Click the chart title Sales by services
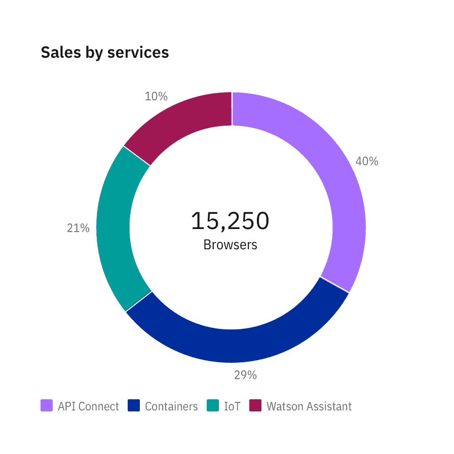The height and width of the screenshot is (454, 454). point(104,53)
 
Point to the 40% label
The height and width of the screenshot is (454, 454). point(367,161)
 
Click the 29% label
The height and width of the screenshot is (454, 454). point(245,375)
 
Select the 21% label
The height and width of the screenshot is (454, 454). point(78,229)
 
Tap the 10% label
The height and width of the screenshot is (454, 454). point(156,96)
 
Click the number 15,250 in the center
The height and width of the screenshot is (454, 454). point(230,221)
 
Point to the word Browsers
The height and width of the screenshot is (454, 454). point(230,245)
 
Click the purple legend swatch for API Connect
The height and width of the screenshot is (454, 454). point(47,406)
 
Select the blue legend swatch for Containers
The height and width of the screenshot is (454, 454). point(134,406)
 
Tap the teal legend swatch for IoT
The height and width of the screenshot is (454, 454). point(213,406)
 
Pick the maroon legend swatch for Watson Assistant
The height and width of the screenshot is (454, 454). point(255,406)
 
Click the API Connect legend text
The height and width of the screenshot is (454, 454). point(88,406)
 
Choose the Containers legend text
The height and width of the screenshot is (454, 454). point(171,406)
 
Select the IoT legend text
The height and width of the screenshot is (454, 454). point(232,406)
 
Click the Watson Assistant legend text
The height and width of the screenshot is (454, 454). point(309,406)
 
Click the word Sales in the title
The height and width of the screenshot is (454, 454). point(57,53)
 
